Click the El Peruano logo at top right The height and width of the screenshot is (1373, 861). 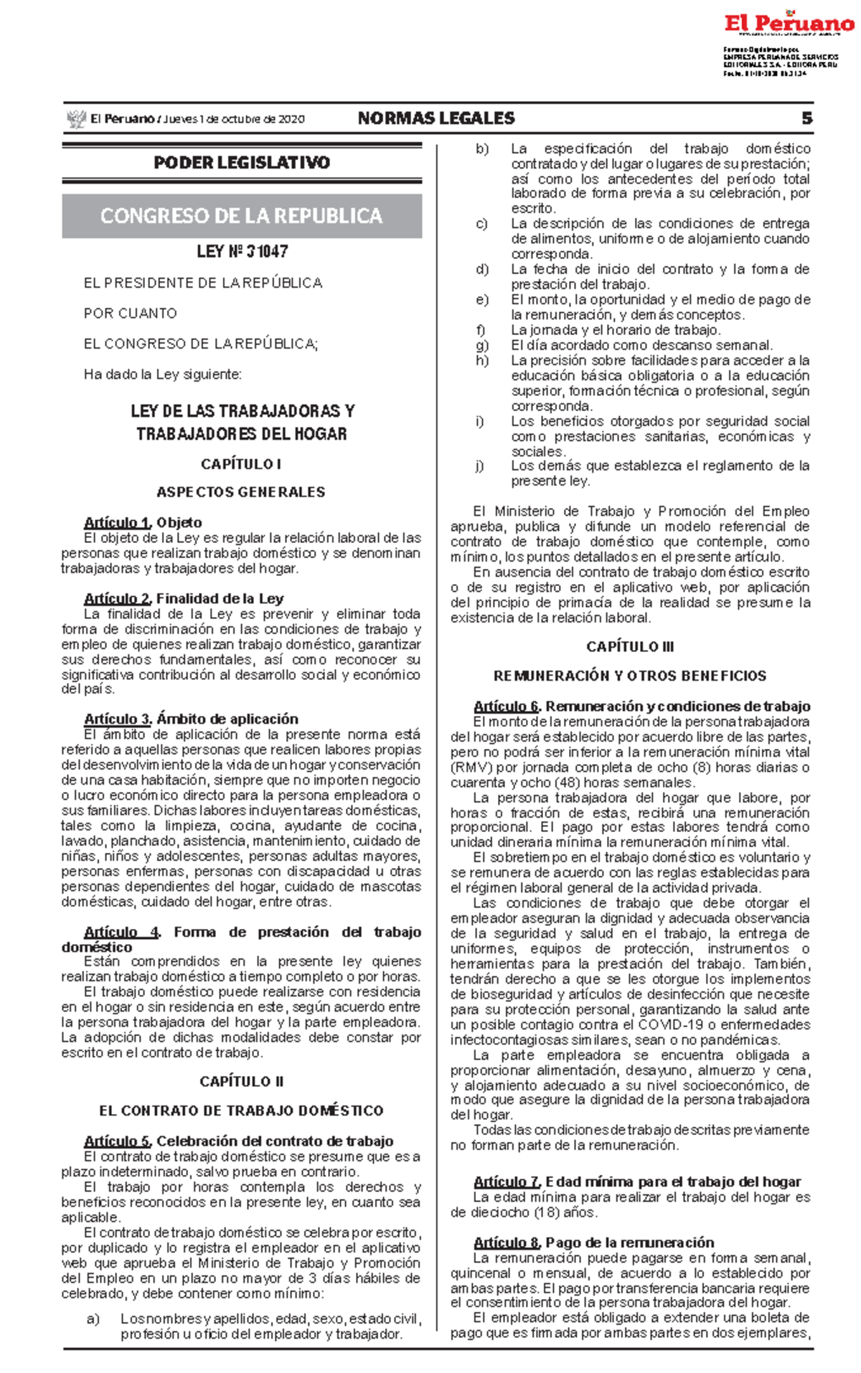coord(789,24)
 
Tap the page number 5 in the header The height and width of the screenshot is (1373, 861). coord(806,118)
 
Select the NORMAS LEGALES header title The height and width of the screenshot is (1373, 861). coord(436,118)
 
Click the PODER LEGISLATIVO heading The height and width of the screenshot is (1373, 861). coord(242,163)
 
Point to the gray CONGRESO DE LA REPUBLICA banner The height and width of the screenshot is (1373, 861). coord(242,216)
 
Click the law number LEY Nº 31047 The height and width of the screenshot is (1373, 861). coord(243,252)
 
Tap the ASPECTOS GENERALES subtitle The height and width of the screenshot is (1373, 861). coord(241,492)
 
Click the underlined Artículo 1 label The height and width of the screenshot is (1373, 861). coord(117,522)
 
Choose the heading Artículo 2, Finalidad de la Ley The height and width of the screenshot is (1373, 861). coord(184,598)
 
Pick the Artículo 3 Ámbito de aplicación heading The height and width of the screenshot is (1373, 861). coord(191,719)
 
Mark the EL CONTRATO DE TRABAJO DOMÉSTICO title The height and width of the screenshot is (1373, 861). coord(241,1110)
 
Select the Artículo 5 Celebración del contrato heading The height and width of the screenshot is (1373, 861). coord(238,1141)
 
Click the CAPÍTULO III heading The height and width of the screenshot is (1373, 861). coord(630,646)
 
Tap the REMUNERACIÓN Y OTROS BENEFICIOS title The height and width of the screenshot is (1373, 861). coord(630,676)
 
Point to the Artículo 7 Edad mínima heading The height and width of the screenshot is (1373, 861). coord(637,1181)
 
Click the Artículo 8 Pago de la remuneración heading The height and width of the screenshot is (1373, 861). coord(593,1242)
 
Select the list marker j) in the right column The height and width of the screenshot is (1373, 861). coord(480,466)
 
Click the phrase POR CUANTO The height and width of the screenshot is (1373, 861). coord(130,313)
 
